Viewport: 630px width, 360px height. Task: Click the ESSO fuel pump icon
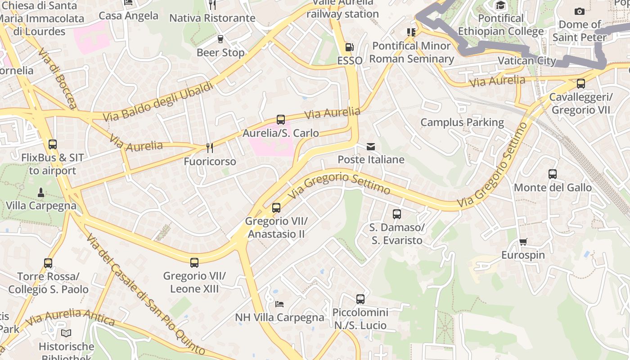349,47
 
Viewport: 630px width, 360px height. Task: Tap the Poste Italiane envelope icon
371,147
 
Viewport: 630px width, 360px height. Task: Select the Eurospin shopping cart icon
523,242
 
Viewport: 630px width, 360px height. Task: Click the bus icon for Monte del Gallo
553,174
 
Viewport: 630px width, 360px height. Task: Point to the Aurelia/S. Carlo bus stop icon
281,120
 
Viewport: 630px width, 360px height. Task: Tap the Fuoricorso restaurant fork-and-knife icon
209,148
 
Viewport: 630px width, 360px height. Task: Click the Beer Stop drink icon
220,39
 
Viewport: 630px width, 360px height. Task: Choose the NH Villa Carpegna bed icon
279,304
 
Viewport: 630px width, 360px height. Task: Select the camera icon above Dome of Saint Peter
580,11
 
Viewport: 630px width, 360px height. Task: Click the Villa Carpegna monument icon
41,193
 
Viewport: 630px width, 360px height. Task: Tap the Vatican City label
527,60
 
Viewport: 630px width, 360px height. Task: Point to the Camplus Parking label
462,122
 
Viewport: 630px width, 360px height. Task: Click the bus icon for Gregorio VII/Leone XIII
194,263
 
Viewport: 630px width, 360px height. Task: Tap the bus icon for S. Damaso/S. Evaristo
396,214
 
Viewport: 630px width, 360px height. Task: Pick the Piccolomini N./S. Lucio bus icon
360,299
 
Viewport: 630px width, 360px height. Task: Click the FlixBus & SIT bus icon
53,144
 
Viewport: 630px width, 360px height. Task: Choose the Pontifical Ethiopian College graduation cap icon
500,5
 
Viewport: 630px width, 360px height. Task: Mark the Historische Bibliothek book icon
66,333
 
